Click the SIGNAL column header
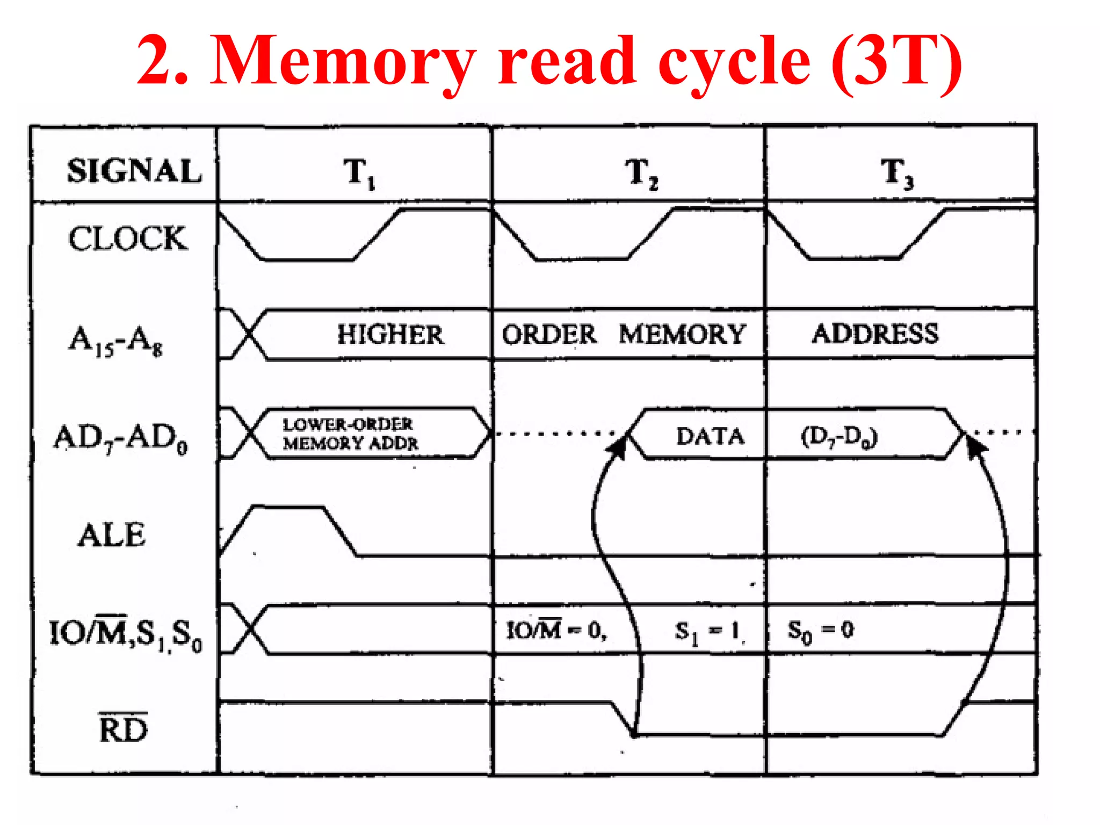134,171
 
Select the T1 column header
359,173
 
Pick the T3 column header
896,173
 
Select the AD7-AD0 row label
120,438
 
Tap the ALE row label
112,535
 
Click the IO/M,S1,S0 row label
125,634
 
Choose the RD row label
123,729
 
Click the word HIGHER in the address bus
390,334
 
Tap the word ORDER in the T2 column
548,334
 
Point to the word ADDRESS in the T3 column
875,334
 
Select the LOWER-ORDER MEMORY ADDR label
350,434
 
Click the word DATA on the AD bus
710,436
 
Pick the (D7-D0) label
839,437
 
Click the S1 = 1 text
708,632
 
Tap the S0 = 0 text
820,631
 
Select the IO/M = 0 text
556,630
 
